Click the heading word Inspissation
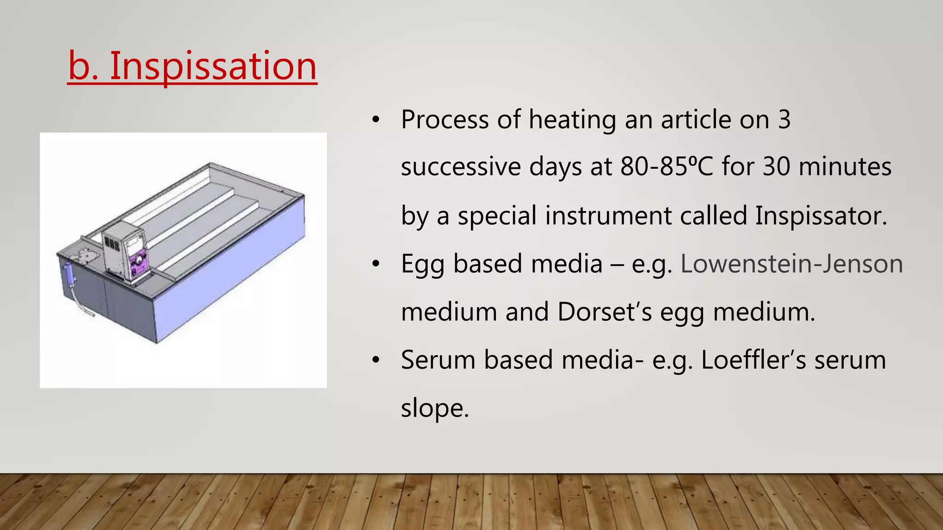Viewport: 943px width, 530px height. point(213,66)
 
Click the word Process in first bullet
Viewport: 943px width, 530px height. point(444,120)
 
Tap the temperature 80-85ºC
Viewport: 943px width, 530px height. point(666,167)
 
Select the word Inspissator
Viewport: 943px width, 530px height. point(821,215)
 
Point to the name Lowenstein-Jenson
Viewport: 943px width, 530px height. point(792,264)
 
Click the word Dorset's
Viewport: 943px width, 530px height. point(605,312)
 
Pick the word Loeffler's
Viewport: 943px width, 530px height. point(753,360)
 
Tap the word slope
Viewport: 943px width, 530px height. point(434,408)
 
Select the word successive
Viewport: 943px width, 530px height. point(461,167)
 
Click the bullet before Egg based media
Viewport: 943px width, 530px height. point(376,264)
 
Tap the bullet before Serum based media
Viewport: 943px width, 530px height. point(376,360)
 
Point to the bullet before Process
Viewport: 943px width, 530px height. point(376,120)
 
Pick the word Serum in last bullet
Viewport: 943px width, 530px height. point(438,360)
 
